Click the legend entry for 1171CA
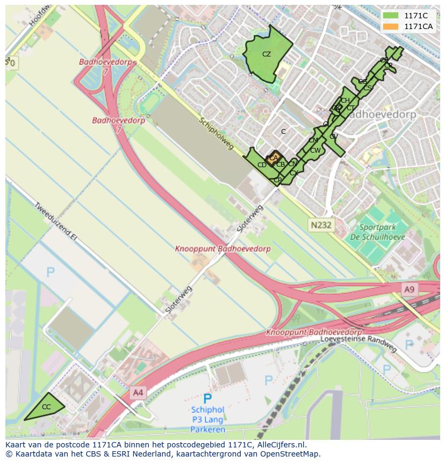418,26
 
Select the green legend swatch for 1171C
391,16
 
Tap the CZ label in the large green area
267,54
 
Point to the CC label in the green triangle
46,407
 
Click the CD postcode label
262,165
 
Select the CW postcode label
315,151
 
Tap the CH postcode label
345,101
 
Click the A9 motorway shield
410,290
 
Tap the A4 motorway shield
138,393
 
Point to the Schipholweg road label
217,134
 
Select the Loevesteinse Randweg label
358,343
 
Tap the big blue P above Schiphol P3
207,398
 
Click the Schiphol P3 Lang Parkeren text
207,419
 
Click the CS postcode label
368,88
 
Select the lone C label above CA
283,131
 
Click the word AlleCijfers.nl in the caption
281,445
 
